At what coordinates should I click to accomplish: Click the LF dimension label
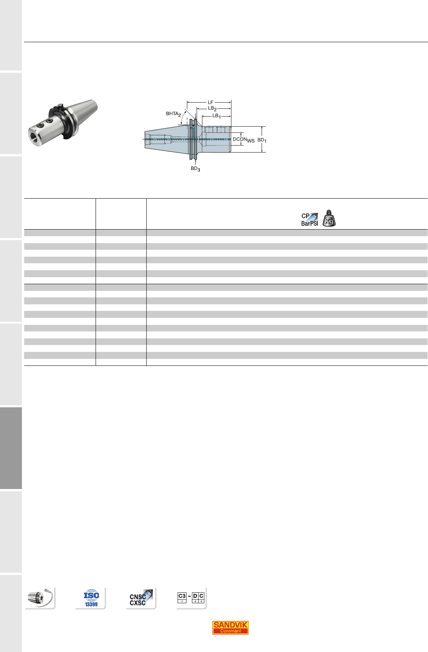(211, 102)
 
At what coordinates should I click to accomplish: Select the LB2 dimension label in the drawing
(212, 108)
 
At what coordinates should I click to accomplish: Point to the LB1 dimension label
(216, 116)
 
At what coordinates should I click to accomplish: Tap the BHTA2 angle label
(173, 114)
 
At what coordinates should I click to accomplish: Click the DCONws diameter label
(243, 140)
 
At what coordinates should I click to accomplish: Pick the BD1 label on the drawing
(262, 140)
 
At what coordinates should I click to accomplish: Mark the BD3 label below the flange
(195, 169)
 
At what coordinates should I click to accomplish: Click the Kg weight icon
(329, 219)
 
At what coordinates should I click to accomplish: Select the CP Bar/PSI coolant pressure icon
(310, 220)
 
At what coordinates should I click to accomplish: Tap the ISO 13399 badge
(91, 598)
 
